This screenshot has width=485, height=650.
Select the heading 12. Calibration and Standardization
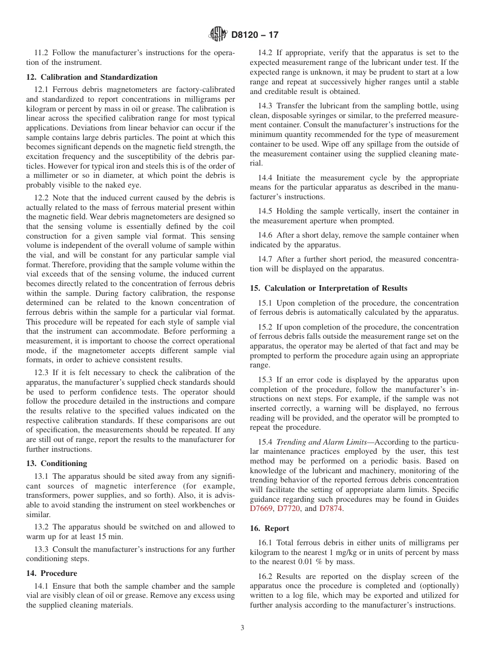pos(92,77)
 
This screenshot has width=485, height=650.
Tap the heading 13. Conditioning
pos(57,463)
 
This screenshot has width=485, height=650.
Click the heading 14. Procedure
pos(52,573)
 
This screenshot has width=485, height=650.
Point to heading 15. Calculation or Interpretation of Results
pos(329,288)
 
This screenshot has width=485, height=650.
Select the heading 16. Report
pos(270,528)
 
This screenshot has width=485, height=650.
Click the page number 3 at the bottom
pos(243,628)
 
